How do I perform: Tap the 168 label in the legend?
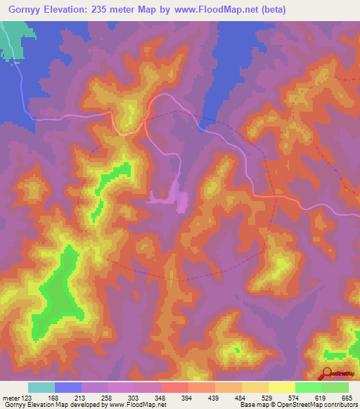coord(53,398)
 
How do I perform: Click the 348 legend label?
coord(161,398)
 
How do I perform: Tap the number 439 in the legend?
coord(214,398)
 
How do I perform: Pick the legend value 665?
coord(346,398)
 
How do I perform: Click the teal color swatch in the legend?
coord(41,387)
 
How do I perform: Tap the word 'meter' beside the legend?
coord(10,398)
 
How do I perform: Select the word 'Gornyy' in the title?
coord(24,9)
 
